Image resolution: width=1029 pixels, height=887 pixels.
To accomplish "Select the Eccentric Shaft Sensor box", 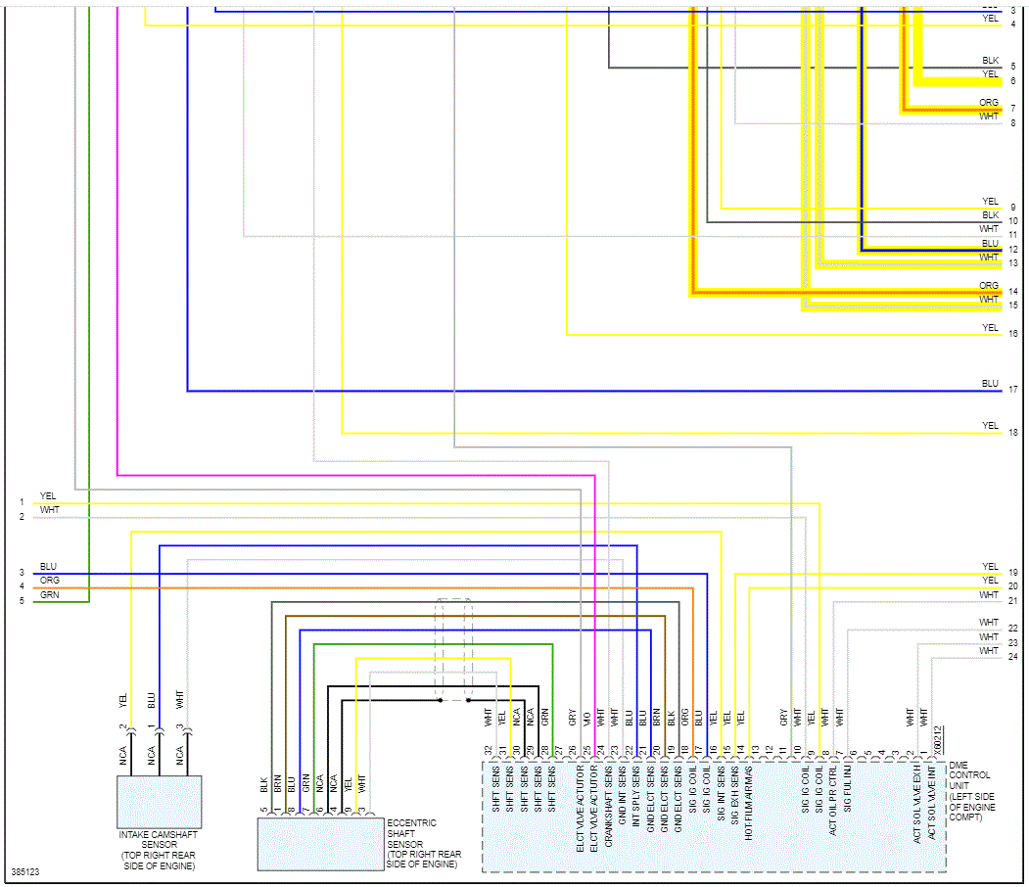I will coord(320,843).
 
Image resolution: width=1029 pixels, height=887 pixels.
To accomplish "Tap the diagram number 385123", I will coord(25,871).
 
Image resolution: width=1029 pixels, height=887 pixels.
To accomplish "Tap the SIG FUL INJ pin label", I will coord(848,799).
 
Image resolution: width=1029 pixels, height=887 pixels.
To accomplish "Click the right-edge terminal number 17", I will coord(1013,390).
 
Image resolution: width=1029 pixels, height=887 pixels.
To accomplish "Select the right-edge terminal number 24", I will coord(1013,656).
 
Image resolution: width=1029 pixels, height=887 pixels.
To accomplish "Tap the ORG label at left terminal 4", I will coord(50,581).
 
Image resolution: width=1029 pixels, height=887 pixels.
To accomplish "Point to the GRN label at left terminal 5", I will coord(49,594).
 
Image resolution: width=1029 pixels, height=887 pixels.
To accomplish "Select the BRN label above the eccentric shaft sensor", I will coord(278,783).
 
